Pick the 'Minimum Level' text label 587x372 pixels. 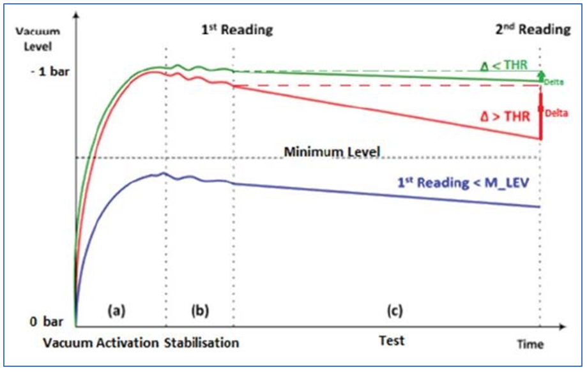click(x=332, y=152)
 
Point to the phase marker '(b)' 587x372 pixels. click(x=200, y=312)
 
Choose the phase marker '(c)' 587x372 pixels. click(x=393, y=312)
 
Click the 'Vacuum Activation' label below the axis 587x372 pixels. click(x=101, y=343)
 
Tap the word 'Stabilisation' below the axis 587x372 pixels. click(x=201, y=343)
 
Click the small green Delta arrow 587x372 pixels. click(x=540, y=75)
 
